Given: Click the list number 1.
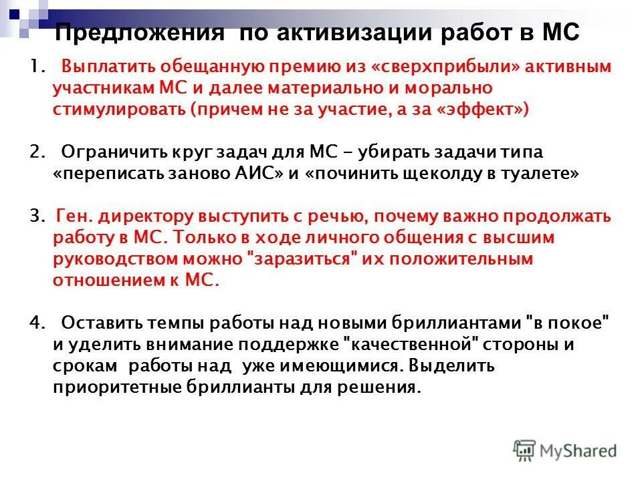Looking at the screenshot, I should pos(35,67).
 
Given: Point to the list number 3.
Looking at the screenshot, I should pos(35,216).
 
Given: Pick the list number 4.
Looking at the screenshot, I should pos(35,323).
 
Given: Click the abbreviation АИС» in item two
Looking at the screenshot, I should pos(261,173).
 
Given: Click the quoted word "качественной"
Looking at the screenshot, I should pos(419,345).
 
